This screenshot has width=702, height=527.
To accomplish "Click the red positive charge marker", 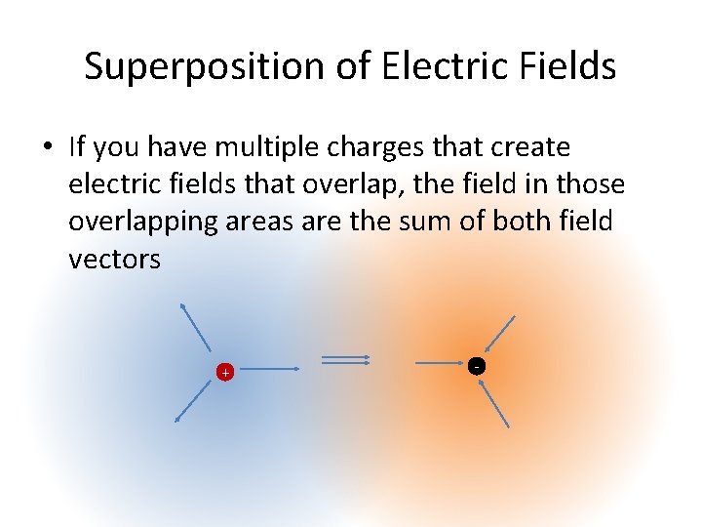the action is click(225, 372).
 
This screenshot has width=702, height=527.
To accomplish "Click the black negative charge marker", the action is click(475, 366).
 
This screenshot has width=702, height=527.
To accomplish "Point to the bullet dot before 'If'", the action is click(47, 148).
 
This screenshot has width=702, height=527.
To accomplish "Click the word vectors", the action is click(114, 259).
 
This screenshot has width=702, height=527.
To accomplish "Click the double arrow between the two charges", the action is click(346, 360).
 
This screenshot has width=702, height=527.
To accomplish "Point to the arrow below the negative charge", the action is click(495, 404).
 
